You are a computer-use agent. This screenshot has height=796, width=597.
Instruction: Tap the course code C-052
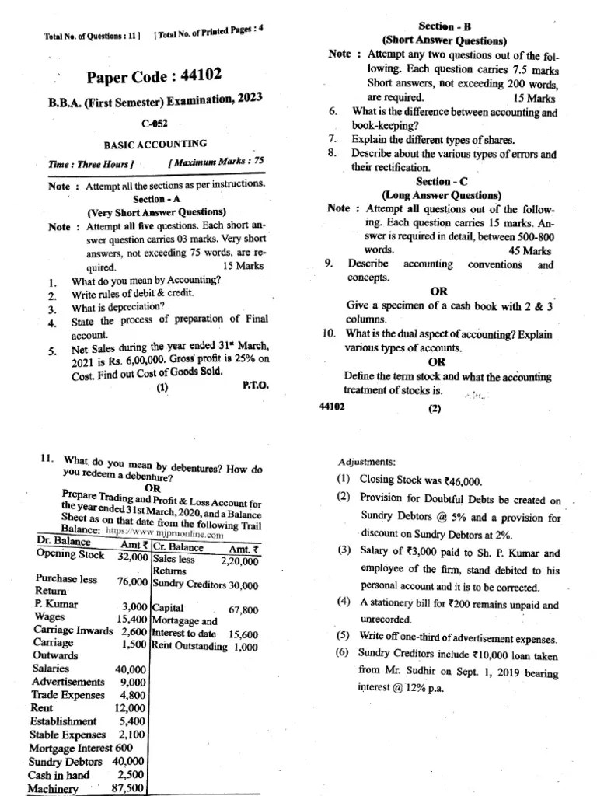[155, 124]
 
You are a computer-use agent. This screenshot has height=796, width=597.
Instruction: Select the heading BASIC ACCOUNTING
[155, 144]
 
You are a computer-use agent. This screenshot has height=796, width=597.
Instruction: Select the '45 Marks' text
[530, 250]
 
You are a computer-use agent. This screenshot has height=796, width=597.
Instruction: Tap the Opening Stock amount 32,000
[133, 557]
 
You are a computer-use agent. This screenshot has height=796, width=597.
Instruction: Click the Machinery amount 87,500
[128, 788]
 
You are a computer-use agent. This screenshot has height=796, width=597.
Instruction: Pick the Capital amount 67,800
[244, 610]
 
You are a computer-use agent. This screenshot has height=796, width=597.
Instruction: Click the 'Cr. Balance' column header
[178, 546]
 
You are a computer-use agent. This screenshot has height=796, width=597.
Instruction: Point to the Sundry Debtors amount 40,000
[128, 761]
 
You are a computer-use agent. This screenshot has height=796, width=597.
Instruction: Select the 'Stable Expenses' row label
[68, 734]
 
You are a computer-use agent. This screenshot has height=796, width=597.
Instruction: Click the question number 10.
[328, 334]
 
